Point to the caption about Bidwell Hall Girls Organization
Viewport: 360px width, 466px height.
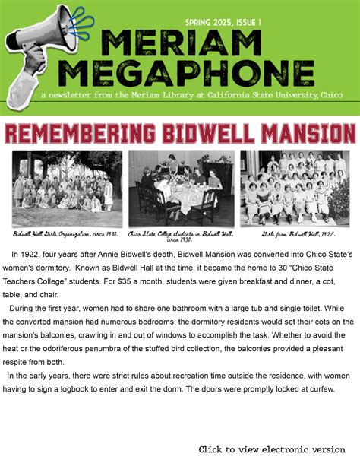tap(66, 234)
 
